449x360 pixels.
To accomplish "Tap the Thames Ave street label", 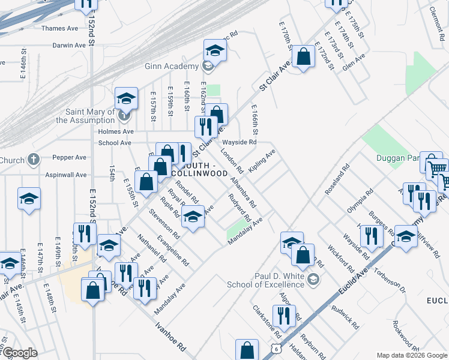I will click(x=60, y=28).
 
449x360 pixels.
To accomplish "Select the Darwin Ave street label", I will click(x=69, y=45).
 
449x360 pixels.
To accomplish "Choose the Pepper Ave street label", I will click(x=70, y=157).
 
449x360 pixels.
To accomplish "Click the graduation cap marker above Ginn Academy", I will click(x=214, y=50).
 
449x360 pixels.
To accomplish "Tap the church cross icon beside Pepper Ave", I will click(x=34, y=160).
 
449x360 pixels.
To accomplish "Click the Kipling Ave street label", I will click(x=262, y=161).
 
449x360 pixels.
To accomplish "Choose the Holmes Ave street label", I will click(x=116, y=131).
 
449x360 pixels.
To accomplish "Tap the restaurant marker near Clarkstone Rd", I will click(x=283, y=315).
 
